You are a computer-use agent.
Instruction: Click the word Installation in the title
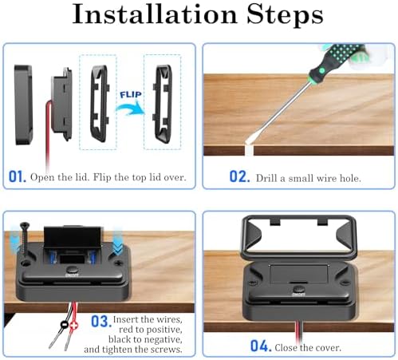(x=155, y=14)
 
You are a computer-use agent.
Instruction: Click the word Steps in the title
(x=285, y=15)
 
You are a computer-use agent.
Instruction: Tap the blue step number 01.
(x=18, y=176)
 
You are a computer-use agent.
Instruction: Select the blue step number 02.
(x=239, y=176)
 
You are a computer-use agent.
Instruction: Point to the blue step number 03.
(x=100, y=322)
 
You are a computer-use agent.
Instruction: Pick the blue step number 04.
(x=261, y=346)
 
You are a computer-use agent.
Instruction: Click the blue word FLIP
(x=131, y=94)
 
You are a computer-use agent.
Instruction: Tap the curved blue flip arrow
(x=130, y=109)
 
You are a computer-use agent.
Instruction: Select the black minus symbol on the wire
(x=65, y=325)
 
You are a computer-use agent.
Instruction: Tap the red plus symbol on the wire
(x=73, y=325)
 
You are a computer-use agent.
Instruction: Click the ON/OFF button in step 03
(x=72, y=271)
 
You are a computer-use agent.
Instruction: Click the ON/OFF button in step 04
(x=298, y=291)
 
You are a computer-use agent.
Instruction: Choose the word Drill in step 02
(x=266, y=178)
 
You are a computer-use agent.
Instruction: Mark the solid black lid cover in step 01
(x=23, y=105)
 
